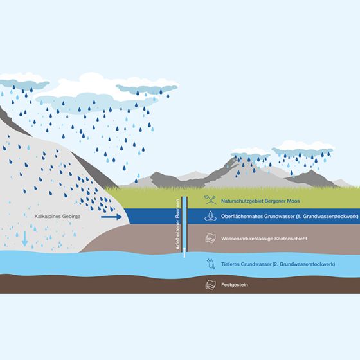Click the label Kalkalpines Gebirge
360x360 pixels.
click(x=57, y=216)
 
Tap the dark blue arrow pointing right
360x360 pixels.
click(x=111, y=217)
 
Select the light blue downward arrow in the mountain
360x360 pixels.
click(x=25, y=239)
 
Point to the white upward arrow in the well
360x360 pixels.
click(x=184, y=252)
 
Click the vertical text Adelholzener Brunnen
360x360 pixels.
click(x=177, y=224)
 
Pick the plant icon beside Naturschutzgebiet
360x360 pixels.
click(x=210, y=200)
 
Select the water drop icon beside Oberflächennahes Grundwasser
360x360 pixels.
click(x=211, y=216)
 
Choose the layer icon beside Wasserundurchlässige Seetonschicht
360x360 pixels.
click(x=211, y=238)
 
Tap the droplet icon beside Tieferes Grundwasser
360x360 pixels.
click(x=211, y=264)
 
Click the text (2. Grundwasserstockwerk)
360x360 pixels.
click(x=303, y=264)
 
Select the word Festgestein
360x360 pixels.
click(x=235, y=285)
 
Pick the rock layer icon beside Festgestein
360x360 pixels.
click(x=211, y=285)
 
